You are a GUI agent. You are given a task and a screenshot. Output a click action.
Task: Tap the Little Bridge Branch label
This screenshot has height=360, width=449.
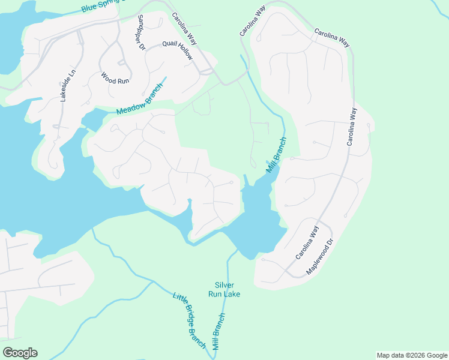189,321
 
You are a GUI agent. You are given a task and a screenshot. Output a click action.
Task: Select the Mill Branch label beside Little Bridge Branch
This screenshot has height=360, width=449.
218,332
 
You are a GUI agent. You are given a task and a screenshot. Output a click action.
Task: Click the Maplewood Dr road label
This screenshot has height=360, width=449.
319,257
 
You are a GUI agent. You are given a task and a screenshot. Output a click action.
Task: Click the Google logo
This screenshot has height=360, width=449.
20,353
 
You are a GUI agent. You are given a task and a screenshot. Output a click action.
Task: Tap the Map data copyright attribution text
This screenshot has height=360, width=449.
412,355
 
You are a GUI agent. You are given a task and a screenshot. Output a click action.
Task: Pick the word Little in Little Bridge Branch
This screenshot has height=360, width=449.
179,301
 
